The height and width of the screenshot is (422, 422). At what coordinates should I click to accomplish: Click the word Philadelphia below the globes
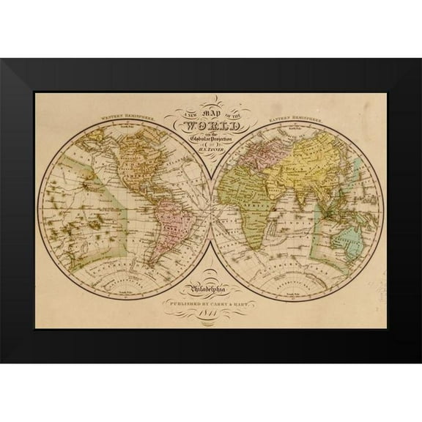point(211,288)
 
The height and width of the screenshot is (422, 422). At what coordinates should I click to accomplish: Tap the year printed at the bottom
point(212,315)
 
